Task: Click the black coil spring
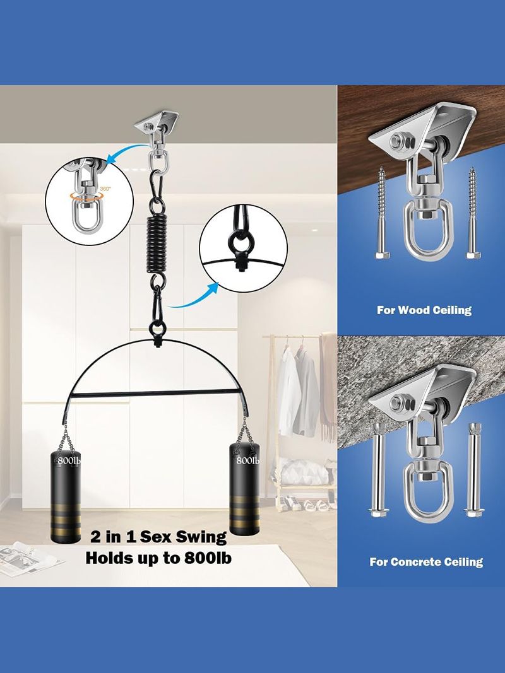coord(158,245)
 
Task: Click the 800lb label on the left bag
coord(69,460)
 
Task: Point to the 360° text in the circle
coord(105,189)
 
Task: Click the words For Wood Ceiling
coord(424,310)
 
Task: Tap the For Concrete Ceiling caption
coord(426,561)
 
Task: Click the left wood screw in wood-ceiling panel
coord(382,213)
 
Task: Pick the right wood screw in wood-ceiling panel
coord(473,213)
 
